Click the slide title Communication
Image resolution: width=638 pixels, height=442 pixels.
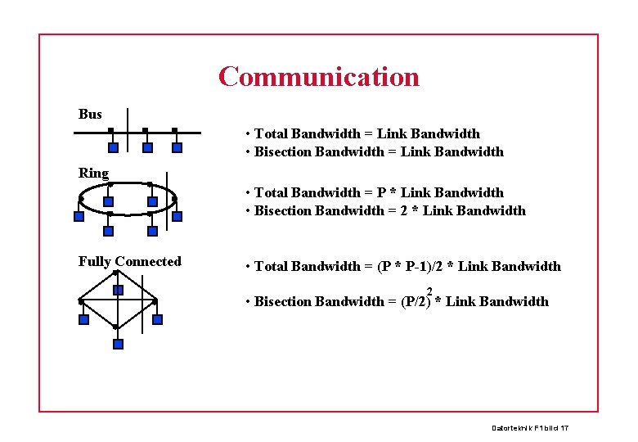318,77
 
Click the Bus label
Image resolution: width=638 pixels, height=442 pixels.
90,114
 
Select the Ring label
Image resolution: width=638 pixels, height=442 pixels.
93,173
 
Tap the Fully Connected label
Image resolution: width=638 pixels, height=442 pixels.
129,261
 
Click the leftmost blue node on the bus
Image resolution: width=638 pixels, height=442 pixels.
114,148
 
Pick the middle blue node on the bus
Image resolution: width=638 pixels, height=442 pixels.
147,148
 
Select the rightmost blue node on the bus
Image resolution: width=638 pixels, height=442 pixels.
177,148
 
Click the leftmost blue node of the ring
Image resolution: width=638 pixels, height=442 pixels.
79,217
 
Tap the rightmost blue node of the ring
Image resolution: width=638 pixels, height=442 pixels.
177,217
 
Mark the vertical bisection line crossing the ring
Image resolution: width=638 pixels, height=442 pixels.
166,196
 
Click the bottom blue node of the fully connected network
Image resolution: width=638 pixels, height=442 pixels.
118,344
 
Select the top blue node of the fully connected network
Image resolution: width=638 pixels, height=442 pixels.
118,290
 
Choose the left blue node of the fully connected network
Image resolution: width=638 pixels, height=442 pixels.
83,319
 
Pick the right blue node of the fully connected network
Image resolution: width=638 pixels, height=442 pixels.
157,319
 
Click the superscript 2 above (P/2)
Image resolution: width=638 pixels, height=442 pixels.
429,291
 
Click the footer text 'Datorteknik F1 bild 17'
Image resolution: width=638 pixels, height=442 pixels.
529,428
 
